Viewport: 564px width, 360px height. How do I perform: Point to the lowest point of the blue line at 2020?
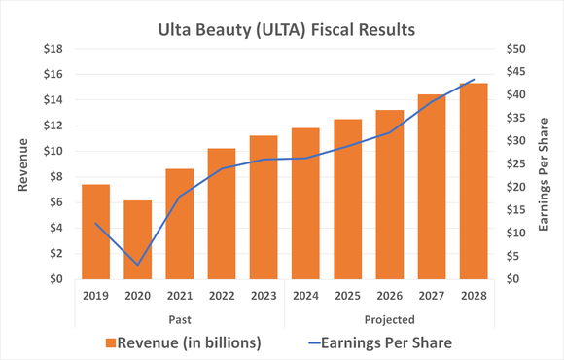point(137,265)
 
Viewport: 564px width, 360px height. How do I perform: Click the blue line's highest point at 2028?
point(474,80)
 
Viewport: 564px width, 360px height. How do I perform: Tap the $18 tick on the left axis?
point(53,49)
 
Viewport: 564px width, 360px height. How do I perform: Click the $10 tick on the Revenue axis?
point(53,151)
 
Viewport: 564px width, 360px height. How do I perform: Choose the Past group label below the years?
point(179,318)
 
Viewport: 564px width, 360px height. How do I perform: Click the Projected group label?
point(389,318)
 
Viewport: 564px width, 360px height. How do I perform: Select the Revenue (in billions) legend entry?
point(184,342)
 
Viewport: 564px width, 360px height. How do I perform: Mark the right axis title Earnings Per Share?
point(548,163)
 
